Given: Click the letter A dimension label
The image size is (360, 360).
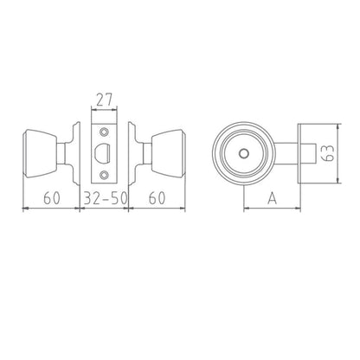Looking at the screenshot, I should [270, 197].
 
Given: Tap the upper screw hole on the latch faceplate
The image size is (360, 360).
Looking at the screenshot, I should [105, 132].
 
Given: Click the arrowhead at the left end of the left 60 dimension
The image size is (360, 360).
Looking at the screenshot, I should [22, 206].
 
